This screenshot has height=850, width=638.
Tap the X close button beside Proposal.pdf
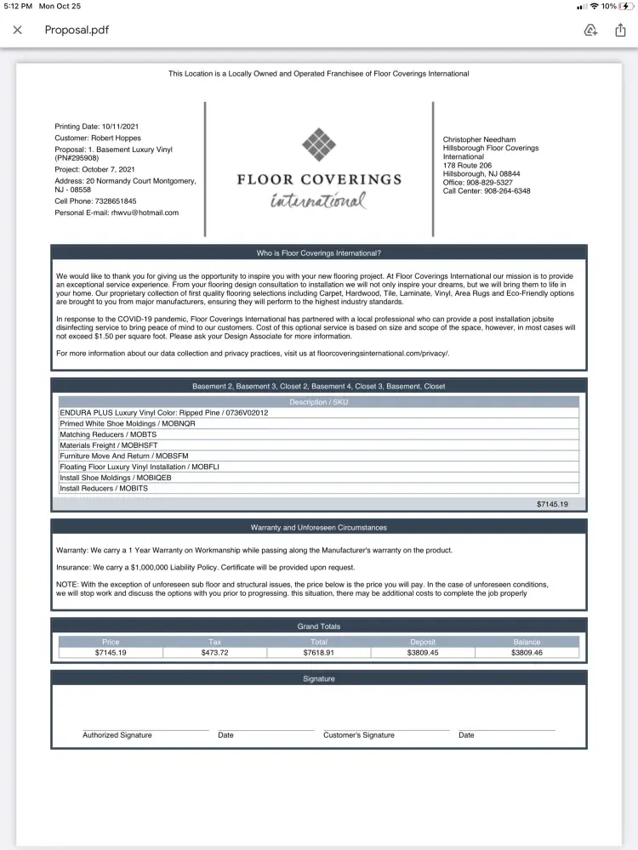(17, 30)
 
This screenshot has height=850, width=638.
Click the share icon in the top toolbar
(621, 30)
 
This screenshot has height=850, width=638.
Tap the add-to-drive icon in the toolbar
(590, 30)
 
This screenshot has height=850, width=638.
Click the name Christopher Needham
(479, 139)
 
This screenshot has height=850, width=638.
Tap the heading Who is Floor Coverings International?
(319, 253)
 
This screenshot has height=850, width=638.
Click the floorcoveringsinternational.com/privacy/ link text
(380, 353)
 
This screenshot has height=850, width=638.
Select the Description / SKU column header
(319, 402)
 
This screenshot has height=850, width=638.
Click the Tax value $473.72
(215, 653)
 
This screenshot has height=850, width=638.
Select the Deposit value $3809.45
(423, 653)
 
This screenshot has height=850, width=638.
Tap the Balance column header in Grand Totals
(527, 642)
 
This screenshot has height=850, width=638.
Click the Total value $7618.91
(319, 653)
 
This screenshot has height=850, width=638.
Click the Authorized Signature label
(117, 735)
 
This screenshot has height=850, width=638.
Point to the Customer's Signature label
(359, 735)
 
